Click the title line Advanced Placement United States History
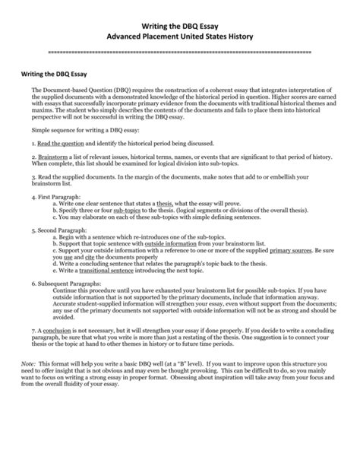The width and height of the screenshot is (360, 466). [179, 36]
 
